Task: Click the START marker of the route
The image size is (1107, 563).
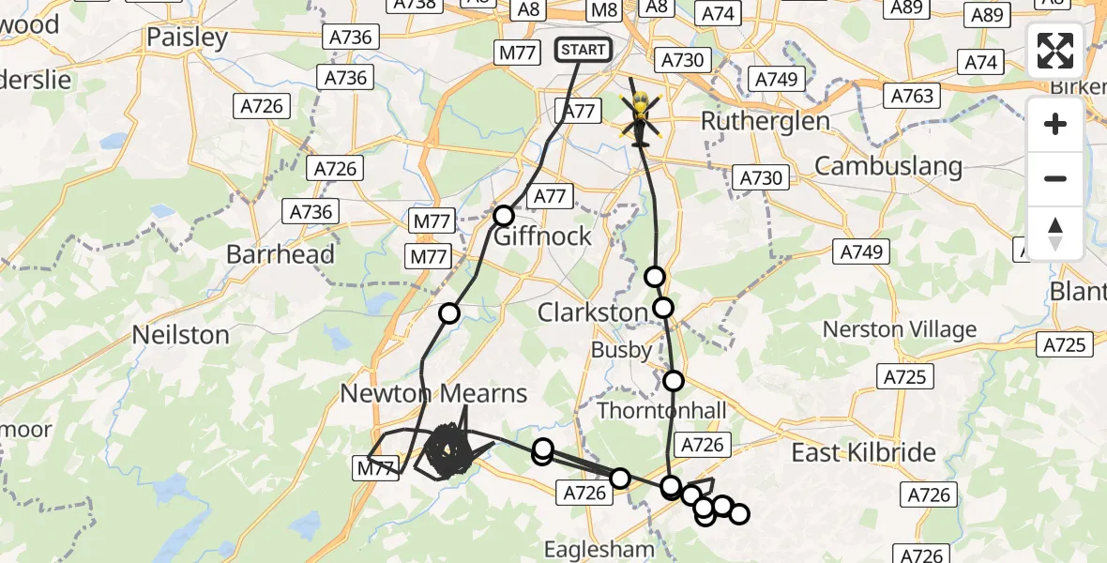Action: [x=584, y=49]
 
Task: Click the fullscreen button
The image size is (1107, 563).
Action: [x=1055, y=51]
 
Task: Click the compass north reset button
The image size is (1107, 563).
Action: [x=1055, y=234]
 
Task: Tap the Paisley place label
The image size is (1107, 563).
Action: [x=188, y=38]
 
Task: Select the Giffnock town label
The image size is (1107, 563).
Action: [x=542, y=236]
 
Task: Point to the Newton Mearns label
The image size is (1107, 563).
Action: [x=433, y=393]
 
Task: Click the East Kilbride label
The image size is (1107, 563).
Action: [x=863, y=453]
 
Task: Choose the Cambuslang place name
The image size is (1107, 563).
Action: [x=887, y=166]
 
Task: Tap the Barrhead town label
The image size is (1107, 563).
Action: [x=281, y=254]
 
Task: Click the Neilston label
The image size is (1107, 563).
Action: [x=181, y=335]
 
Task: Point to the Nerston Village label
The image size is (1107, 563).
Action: [x=900, y=329]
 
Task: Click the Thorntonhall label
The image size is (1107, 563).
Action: [x=661, y=411]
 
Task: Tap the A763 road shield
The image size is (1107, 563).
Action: [x=912, y=96]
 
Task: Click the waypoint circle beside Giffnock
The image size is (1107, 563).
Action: [x=504, y=216]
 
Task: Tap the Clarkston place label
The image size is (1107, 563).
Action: [x=592, y=312]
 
